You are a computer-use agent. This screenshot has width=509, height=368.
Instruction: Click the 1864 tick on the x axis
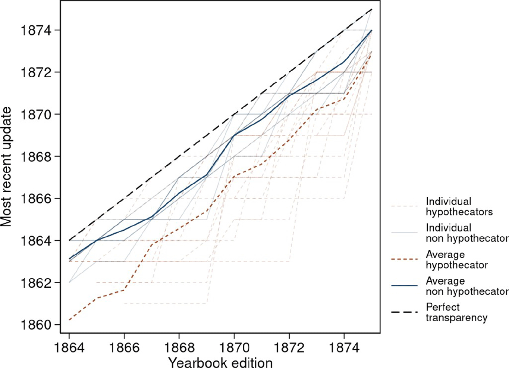click(x=69, y=348)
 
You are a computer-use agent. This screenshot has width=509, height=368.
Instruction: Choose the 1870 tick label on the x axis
click(x=234, y=348)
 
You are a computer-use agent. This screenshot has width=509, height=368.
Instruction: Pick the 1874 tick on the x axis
click(x=344, y=348)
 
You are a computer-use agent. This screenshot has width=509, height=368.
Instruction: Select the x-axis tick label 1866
click(x=124, y=348)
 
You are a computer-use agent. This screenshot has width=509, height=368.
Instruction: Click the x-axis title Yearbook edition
click(x=220, y=362)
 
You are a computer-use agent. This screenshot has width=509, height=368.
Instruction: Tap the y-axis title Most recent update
click(x=7, y=167)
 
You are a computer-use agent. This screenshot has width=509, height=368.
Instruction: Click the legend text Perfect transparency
click(x=456, y=312)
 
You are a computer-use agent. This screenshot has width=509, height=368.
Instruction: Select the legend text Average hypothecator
click(x=456, y=260)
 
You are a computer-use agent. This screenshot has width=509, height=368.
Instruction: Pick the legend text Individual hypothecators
click(x=459, y=207)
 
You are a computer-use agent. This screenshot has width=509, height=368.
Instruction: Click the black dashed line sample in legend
click(x=404, y=312)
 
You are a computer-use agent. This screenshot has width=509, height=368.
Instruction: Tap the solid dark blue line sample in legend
click(x=404, y=286)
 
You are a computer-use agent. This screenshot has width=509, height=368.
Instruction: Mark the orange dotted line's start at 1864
click(x=69, y=320)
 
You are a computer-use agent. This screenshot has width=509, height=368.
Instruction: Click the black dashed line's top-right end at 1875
click(x=371, y=9)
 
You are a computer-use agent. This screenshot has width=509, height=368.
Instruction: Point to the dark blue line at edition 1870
click(x=234, y=135)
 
